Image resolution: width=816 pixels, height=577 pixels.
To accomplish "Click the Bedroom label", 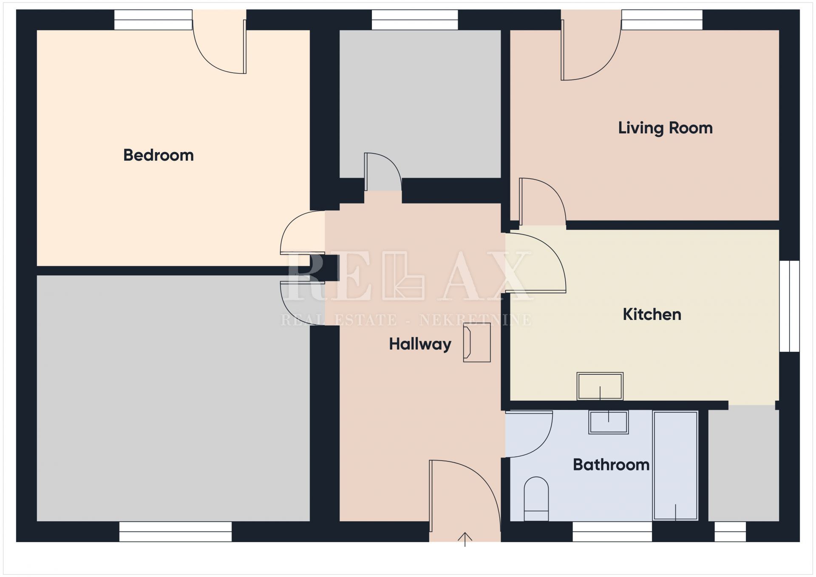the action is pos(159,156).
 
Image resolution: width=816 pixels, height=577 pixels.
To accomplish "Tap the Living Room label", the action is pos(665,128).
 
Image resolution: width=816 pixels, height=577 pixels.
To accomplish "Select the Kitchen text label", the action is pos(652,314).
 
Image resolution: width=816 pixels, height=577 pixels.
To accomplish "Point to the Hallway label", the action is pos(420,344).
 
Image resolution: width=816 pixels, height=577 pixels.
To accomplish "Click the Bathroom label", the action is pos(611,464).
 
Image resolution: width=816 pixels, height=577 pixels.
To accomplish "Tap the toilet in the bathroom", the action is pos(536,499).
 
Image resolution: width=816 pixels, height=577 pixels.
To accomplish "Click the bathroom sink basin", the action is pos(608,422).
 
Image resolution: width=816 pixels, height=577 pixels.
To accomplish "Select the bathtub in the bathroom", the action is pos(675,465).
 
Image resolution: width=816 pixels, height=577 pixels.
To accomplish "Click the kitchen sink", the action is pos(600,386).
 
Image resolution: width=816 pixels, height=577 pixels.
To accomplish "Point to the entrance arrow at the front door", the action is pos(465,539).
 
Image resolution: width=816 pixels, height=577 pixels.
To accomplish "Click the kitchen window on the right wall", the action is pos(789,306).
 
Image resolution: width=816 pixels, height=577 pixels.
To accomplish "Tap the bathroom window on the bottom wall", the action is pos(612,532).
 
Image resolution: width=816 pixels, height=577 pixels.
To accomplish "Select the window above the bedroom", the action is pos(153,20).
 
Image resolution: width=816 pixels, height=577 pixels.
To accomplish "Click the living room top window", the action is pos(662,20).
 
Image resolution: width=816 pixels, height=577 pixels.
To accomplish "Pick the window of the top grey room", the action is pos(415,20).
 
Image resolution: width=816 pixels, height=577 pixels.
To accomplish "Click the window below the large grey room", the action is pos(176,532).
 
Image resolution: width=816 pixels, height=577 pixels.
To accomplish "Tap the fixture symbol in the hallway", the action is pos(477,342).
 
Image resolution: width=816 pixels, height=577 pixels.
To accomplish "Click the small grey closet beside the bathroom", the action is pos(743,463).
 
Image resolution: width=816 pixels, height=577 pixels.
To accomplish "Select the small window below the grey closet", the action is pos(730,532).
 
